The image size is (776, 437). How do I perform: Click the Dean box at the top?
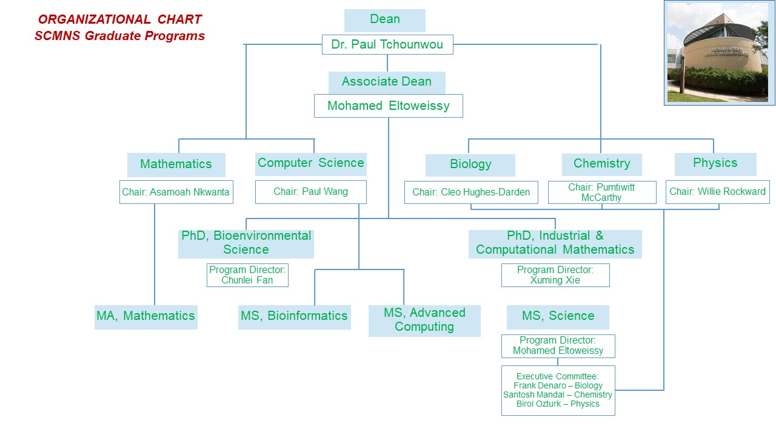pos(384,21)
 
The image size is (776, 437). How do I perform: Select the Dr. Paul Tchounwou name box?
pos(387,44)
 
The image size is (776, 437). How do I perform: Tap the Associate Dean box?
pos(387,83)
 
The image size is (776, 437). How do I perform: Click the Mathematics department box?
pos(176,164)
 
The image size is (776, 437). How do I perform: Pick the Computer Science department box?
pos(311,164)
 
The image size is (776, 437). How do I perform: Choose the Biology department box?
pos(470,165)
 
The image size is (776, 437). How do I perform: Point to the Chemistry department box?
pos(602,164)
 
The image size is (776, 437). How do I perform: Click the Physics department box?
pos(715,164)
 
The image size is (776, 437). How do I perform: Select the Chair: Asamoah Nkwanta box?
pos(176,192)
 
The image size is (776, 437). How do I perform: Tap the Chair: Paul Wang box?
pos(311,192)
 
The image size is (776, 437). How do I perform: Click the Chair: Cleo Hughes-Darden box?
pos(471,192)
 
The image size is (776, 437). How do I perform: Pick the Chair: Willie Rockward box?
pos(717,192)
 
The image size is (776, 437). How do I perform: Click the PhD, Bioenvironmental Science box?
pos(246,244)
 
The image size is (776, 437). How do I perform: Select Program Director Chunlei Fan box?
pos(247,275)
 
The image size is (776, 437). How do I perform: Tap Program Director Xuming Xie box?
pos(555,275)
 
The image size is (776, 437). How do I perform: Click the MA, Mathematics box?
pos(146,317)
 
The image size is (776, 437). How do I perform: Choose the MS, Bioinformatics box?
pos(295,317)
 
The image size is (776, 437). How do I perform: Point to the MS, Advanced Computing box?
pos(424,321)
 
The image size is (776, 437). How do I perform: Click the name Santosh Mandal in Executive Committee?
pos(534,395)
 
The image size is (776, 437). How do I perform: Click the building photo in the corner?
pos(719,53)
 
